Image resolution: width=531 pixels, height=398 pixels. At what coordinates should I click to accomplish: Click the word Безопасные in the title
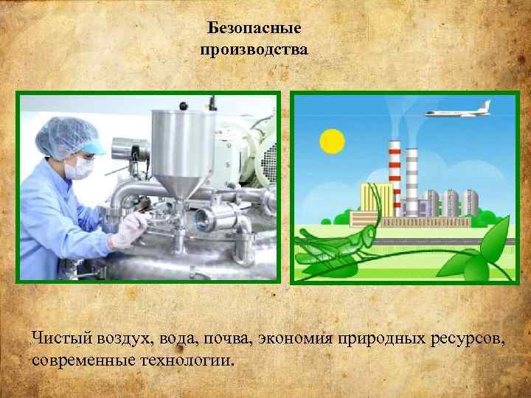[254, 29]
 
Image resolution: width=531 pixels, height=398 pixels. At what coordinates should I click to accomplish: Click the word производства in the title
[254, 50]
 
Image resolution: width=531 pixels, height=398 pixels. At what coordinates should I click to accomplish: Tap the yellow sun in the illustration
[332, 140]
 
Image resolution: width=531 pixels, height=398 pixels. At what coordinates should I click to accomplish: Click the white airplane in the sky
[457, 111]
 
